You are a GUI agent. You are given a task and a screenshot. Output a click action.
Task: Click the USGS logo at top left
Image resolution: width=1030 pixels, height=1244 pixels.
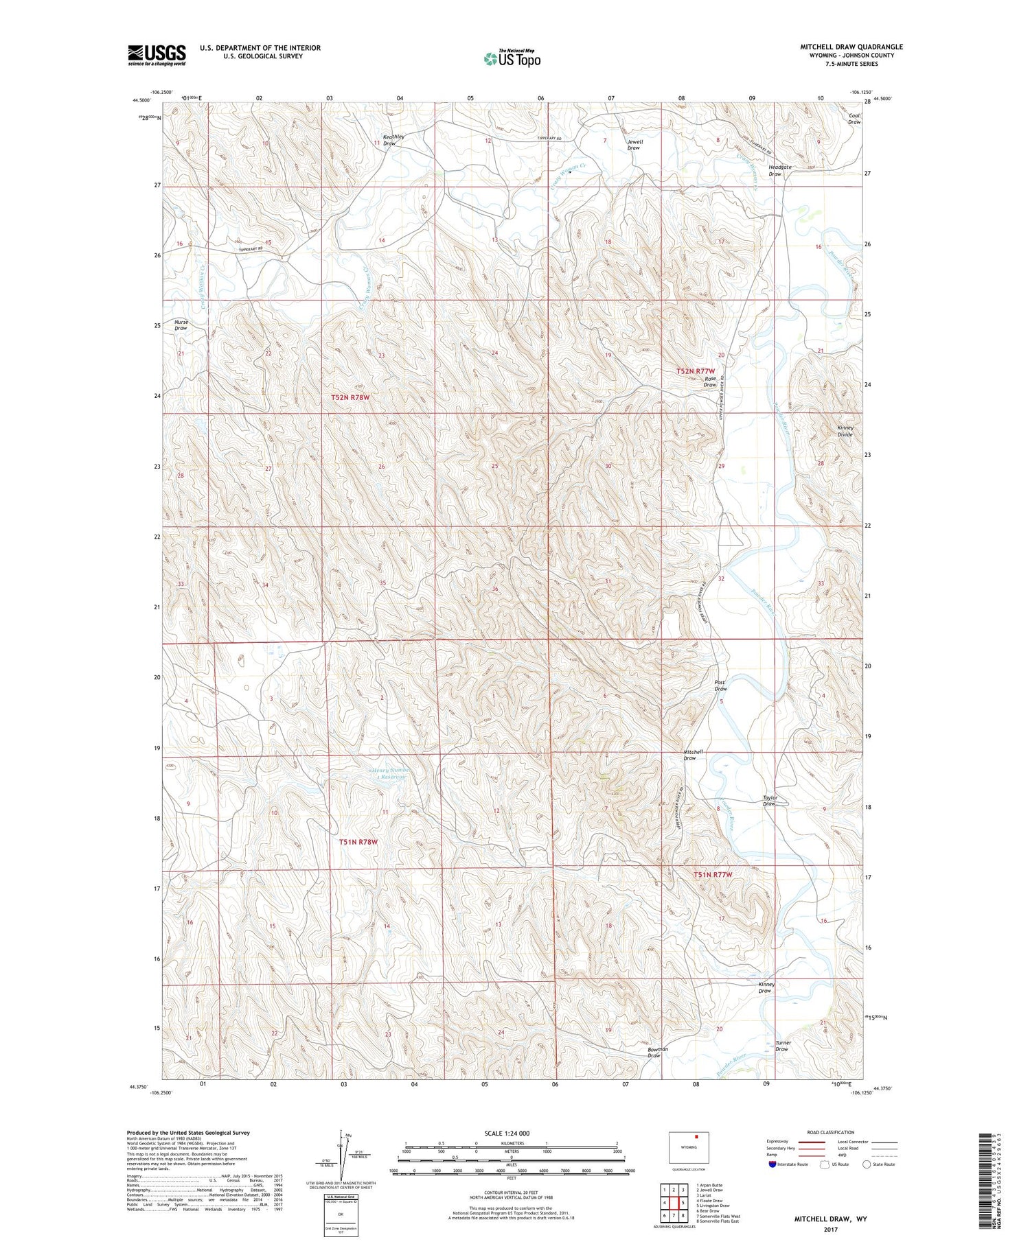(157, 55)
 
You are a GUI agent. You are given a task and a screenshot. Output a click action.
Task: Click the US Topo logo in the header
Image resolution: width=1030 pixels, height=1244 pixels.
(512, 58)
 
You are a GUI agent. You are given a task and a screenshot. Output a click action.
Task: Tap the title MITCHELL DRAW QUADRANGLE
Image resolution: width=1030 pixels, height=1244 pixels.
(851, 47)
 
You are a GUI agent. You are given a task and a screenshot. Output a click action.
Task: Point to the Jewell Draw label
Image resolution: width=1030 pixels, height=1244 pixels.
(633, 145)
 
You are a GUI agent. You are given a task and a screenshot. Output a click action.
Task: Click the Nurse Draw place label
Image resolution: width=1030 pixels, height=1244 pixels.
(181, 325)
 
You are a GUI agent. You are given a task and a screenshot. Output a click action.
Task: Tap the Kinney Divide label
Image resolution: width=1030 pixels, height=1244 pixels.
(845, 431)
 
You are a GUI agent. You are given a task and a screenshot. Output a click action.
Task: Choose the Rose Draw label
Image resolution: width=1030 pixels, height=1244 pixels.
(710, 382)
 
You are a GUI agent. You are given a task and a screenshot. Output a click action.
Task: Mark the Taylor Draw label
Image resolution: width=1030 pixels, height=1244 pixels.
(770, 801)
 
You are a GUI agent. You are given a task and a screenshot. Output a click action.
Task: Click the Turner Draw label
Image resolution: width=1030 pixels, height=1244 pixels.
(783, 1046)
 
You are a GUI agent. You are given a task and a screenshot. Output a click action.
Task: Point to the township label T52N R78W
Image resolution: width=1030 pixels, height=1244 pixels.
(355, 397)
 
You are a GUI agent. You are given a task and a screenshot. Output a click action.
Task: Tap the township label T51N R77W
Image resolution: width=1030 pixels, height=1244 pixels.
(713, 875)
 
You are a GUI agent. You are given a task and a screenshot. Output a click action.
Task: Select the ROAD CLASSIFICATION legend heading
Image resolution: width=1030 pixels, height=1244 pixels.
(831, 1132)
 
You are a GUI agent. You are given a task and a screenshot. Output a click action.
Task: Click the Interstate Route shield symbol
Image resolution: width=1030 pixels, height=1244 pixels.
(772, 1164)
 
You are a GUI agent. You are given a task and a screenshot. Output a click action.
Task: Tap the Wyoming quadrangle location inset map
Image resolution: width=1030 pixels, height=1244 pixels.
(689, 1147)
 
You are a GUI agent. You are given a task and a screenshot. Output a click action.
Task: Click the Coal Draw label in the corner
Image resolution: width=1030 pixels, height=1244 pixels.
(854, 119)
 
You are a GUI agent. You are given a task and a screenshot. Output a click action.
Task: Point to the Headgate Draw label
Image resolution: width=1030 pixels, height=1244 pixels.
(780, 170)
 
